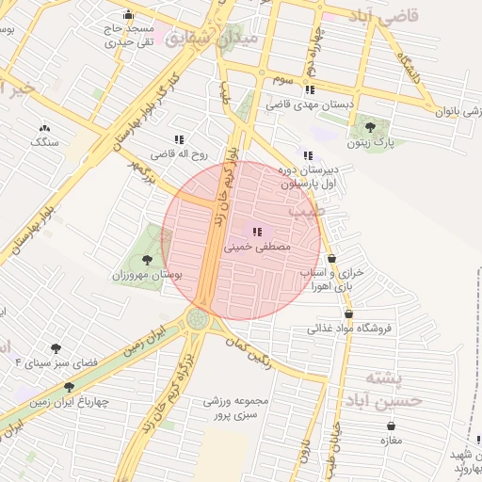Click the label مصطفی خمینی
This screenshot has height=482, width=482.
(x=256, y=247)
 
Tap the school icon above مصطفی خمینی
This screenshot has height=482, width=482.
(x=256, y=232)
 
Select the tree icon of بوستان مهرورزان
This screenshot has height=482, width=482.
(x=146, y=260)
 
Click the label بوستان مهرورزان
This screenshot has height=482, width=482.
(x=147, y=275)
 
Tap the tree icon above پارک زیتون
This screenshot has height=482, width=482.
(x=369, y=127)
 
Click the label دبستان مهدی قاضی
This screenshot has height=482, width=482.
(x=311, y=105)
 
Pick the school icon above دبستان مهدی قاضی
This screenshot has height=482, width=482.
(x=311, y=90)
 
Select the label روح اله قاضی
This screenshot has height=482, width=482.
(x=179, y=153)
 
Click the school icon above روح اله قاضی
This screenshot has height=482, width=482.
(x=179, y=139)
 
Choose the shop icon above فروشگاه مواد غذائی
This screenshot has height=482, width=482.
(x=349, y=314)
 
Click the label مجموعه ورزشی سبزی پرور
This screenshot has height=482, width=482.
(x=236, y=408)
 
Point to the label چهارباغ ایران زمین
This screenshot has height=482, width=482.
(x=70, y=402)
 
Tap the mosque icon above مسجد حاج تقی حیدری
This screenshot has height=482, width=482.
(x=128, y=15)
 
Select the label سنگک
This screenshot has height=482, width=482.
(x=44, y=142)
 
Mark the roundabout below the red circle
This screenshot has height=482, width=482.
(x=198, y=319)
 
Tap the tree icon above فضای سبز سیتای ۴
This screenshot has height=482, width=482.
(x=56, y=348)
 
